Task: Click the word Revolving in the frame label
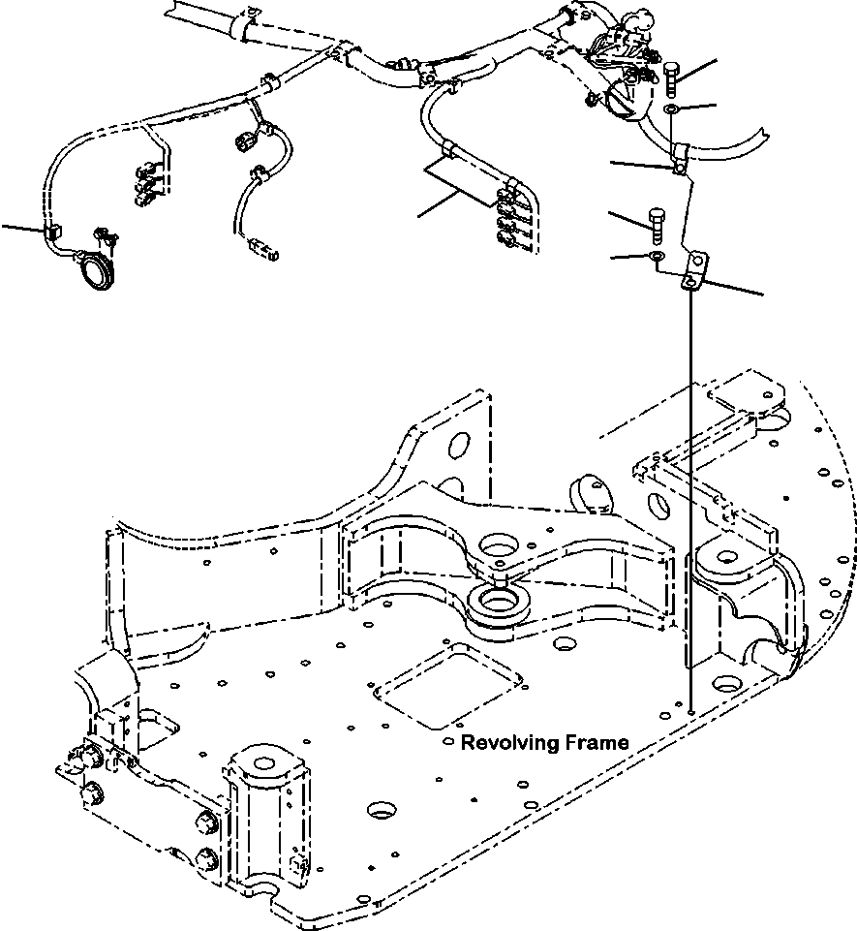pos(508,743)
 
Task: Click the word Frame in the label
pos(595,743)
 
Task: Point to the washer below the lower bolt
pos(656,257)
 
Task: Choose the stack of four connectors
pos(507,220)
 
